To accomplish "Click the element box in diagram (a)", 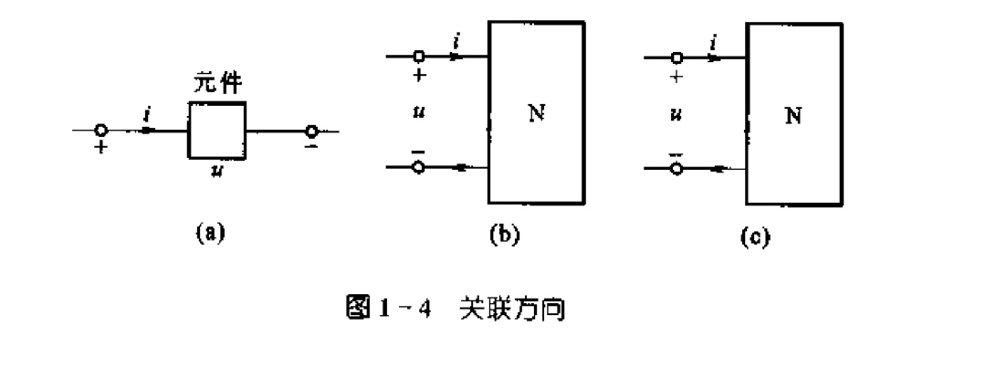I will (x=217, y=131).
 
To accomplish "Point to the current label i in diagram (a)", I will (x=148, y=114).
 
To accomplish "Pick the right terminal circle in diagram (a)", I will (x=312, y=131).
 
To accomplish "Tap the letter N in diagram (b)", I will (x=536, y=114).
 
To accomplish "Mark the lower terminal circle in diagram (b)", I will (x=420, y=168).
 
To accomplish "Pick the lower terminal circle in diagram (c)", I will (x=677, y=168).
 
